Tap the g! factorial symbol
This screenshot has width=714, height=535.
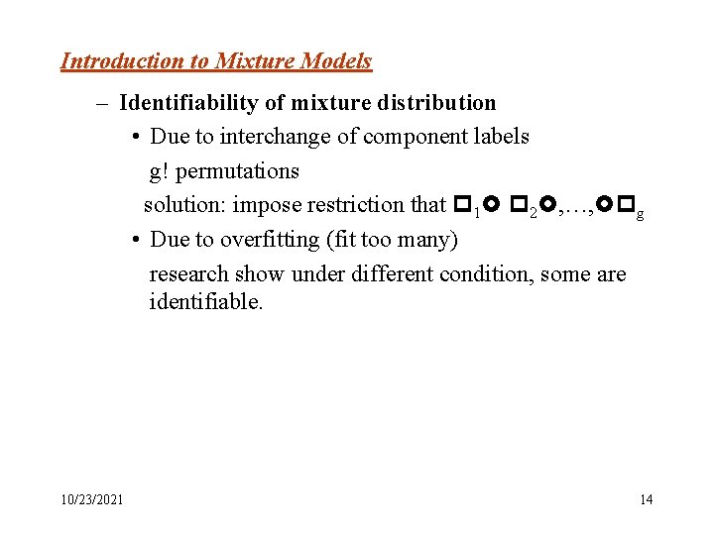pyautogui.click(x=160, y=171)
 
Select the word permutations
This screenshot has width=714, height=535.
pyautogui.click(x=236, y=171)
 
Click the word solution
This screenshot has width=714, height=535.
pyautogui.click(x=181, y=205)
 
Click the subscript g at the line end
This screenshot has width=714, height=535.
pyautogui.click(x=640, y=214)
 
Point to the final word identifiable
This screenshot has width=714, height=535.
pyautogui.click(x=205, y=301)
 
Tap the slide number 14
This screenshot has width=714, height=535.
pyautogui.click(x=646, y=499)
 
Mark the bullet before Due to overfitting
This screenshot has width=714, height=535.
pyautogui.click(x=133, y=240)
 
